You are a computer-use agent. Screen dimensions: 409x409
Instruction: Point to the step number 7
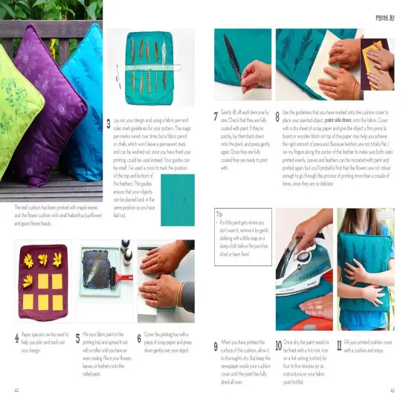pyautogui.click(x=215, y=117)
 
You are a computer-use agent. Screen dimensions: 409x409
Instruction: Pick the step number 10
pyautogui.click(x=278, y=346)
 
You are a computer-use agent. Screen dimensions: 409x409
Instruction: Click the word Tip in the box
pyautogui.click(x=219, y=213)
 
